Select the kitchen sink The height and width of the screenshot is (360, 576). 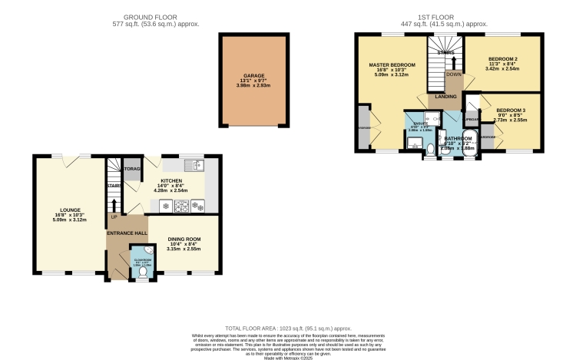193,164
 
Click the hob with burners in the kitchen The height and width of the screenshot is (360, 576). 181,206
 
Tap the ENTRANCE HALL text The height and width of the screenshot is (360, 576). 127,233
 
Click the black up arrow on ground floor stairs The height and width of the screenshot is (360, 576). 114,204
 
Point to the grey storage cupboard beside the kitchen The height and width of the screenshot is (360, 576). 133,170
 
